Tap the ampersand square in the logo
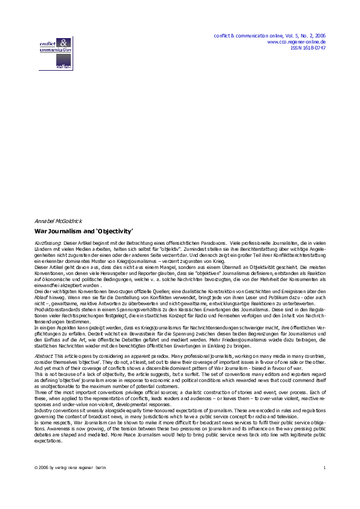pyautogui.click(x=64, y=42)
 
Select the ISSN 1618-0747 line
pyautogui.click(x=308, y=48)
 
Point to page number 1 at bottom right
pyautogui.click(x=324, y=485)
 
